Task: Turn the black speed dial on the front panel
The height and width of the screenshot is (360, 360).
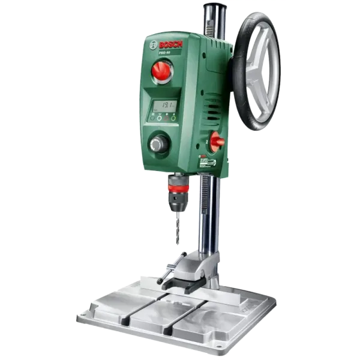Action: (x=159, y=143)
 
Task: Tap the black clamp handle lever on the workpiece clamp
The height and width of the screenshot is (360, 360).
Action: (x=169, y=269)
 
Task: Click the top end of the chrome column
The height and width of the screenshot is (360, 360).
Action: (x=211, y=7)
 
